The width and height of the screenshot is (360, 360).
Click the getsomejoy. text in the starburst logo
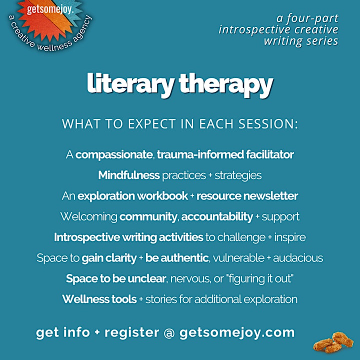[50, 10]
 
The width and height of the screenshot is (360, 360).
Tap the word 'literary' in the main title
[130, 84]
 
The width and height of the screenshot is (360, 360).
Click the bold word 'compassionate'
[114, 154]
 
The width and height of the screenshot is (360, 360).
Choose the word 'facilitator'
[270, 154]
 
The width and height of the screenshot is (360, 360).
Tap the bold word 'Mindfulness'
[129, 175]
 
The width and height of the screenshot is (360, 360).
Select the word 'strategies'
[238, 175]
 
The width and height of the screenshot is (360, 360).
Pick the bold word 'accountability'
[217, 217]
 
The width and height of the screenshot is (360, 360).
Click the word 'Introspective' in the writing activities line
[87, 237]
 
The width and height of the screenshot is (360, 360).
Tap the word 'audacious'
[298, 258]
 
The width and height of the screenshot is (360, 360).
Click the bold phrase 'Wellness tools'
[99, 299]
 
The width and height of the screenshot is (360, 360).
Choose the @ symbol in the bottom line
[169, 333]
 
